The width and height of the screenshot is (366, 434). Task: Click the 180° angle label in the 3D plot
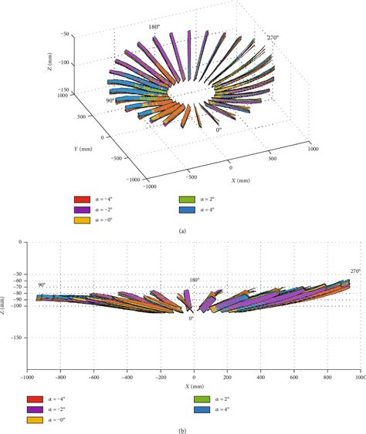pos(154,26)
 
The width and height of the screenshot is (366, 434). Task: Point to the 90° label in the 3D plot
pos(110,100)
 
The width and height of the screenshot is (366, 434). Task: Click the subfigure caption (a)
pos(182,231)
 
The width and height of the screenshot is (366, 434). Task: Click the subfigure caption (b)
pos(182,429)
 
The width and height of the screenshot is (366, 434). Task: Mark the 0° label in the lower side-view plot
pos(191,318)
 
